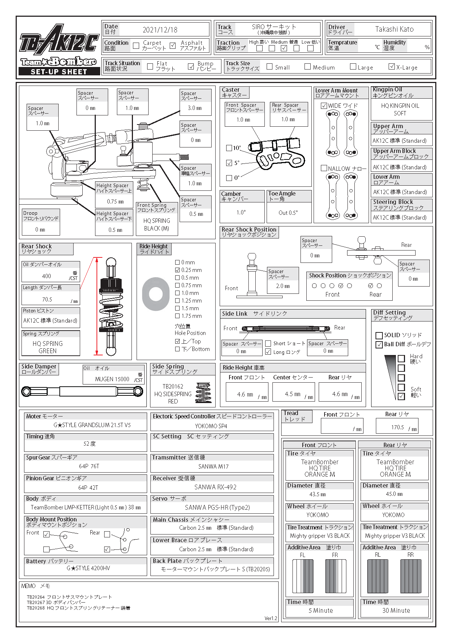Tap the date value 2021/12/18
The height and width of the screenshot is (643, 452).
click(160, 30)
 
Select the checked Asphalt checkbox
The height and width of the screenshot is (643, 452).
click(173, 46)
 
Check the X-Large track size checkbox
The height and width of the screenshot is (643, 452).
click(392, 67)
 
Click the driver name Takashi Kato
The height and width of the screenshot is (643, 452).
click(394, 29)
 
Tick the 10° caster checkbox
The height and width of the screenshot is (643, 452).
click(229, 148)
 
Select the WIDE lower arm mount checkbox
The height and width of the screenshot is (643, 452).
click(324, 106)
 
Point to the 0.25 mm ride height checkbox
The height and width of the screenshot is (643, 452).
click(177, 270)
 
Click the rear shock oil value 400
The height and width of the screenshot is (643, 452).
click(47, 276)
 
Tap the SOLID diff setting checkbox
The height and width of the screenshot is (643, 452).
click(379, 335)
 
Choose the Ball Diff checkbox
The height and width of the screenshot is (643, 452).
click(379, 344)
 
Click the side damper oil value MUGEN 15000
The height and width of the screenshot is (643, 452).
click(112, 379)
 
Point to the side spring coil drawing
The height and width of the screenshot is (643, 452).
click(203, 392)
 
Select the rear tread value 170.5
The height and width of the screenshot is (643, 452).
click(397, 427)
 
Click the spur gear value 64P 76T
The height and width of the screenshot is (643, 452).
click(89, 466)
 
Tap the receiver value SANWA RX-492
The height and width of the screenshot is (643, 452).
click(215, 487)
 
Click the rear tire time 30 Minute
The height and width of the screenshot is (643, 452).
click(396, 611)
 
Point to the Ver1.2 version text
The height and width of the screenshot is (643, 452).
click(271, 618)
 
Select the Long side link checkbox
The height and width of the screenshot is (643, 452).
click(268, 352)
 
